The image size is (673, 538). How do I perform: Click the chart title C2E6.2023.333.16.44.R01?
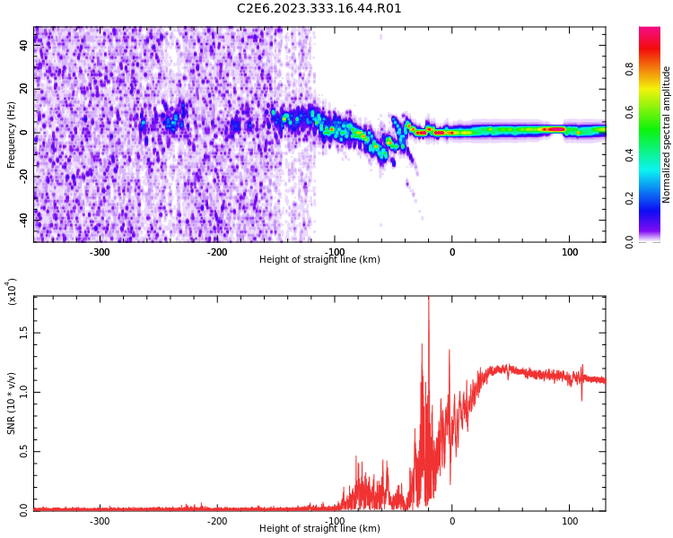pos(319,9)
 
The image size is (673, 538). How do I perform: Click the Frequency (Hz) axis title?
pos(12,134)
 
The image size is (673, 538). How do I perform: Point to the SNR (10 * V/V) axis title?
pos(12,403)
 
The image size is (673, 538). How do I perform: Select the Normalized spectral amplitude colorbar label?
pos(667,134)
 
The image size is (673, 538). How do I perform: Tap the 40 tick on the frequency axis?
pos(23,46)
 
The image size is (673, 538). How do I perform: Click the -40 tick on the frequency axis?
pos(22,219)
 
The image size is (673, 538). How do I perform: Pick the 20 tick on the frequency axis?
pos(23,89)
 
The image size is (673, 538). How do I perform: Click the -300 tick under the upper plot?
pos(100,252)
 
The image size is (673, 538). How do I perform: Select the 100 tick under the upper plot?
pos(570,252)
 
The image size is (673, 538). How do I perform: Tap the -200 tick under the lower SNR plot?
pos(217,521)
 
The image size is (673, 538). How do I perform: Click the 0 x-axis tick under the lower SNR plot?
pos(452,521)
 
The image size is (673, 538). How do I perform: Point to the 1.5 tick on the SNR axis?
pos(24,332)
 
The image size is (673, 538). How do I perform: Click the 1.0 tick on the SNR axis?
pos(24,391)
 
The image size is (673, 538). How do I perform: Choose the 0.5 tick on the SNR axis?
pos(24,451)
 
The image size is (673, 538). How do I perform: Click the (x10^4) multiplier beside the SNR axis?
pos(13,291)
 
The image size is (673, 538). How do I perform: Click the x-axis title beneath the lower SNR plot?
pos(319,529)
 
